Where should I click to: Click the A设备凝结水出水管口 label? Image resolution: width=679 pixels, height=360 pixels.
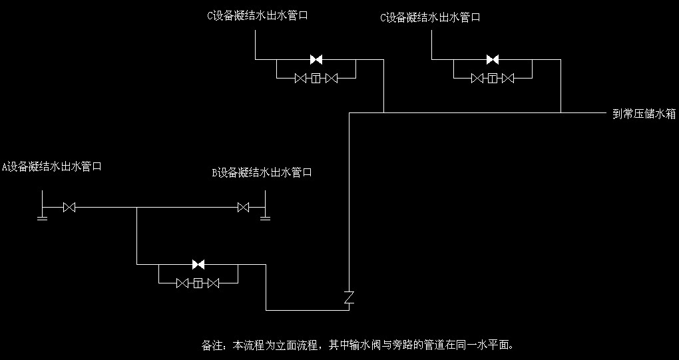(51, 166)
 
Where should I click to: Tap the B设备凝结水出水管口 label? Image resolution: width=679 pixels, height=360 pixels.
(262, 173)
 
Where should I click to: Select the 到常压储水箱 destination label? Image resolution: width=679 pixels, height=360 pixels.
(644, 114)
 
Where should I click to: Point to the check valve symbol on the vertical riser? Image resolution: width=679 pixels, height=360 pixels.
(349, 297)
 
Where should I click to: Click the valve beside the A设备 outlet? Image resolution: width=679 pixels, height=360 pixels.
(69, 208)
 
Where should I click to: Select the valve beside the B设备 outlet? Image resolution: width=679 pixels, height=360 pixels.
(244, 208)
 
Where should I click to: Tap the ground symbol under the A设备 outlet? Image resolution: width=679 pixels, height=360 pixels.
(42, 217)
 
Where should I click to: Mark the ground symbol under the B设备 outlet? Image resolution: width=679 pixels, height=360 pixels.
(265, 217)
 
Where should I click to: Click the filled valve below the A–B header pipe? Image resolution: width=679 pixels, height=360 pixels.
(198, 264)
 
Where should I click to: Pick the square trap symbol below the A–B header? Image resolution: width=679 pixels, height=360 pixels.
(198, 283)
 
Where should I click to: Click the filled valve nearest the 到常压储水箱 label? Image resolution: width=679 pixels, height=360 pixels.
(493, 59)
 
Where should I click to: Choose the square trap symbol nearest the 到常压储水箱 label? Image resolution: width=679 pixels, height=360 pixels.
(493, 79)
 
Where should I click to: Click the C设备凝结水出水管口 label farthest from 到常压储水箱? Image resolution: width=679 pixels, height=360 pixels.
(257, 15)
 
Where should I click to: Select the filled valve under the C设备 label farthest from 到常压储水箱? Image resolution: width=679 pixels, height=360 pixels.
(316, 59)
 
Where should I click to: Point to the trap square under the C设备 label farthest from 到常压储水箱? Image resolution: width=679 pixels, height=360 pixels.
(316, 79)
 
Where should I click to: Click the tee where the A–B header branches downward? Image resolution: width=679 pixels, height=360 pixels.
(136, 208)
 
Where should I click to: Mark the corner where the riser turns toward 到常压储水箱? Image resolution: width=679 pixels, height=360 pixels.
(349, 112)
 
